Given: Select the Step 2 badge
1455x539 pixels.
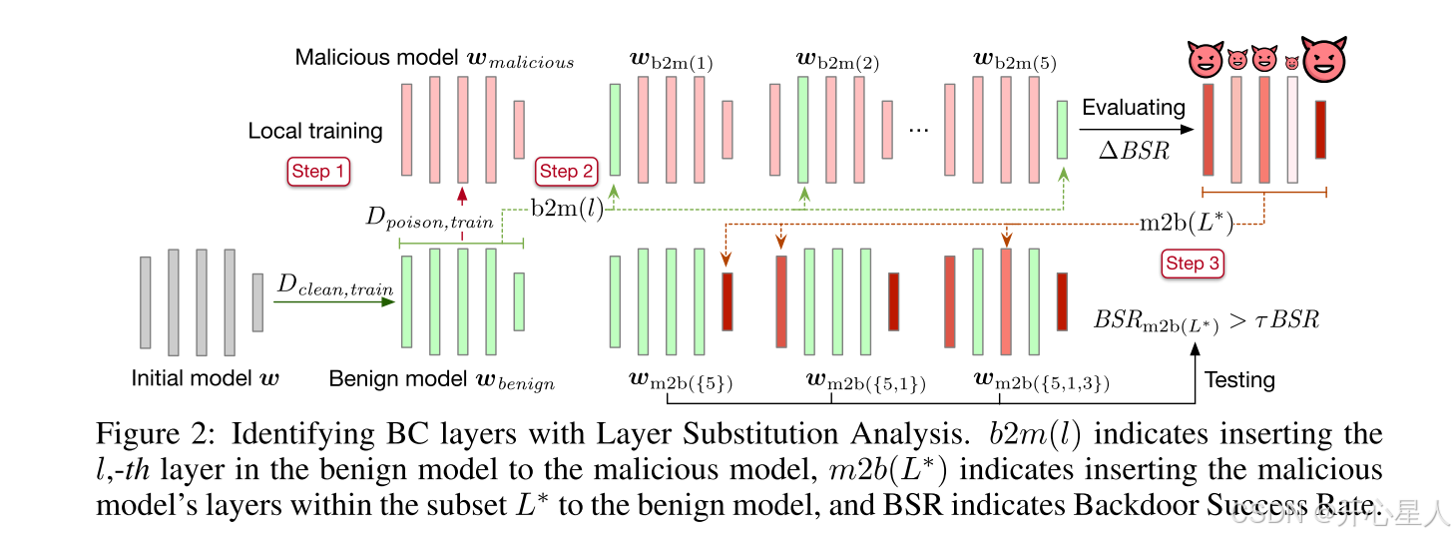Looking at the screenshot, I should click(567, 172).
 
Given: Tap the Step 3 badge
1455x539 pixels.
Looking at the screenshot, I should click(1193, 264).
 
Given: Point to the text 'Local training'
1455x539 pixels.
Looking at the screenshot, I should click(315, 131).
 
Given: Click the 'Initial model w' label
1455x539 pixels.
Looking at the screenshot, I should click(206, 379).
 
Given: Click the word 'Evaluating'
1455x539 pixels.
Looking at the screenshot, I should click(1134, 108).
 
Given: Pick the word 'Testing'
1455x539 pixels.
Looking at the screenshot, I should click(1239, 380).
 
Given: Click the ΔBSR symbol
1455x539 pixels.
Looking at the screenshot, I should click(1133, 152).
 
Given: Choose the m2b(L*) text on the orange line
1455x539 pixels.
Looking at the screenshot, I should click(1186, 223).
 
